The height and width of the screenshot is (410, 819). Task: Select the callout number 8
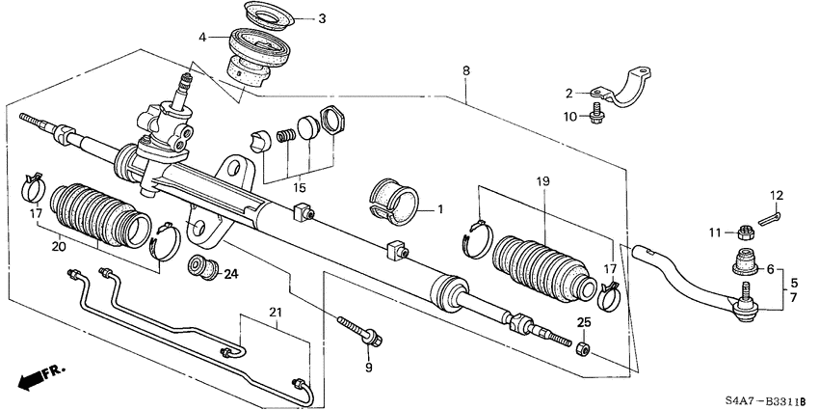pyautogui.click(x=466, y=70)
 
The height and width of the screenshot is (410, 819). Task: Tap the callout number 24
pyautogui.click(x=230, y=273)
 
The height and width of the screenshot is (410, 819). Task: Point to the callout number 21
pyautogui.click(x=277, y=311)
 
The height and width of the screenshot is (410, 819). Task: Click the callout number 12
pyautogui.click(x=776, y=196)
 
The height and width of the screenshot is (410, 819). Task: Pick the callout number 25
pyautogui.click(x=582, y=321)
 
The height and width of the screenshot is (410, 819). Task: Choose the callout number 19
pyautogui.click(x=543, y=180)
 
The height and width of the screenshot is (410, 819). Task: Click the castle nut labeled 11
pyautogui.click(x=743, y=232)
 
